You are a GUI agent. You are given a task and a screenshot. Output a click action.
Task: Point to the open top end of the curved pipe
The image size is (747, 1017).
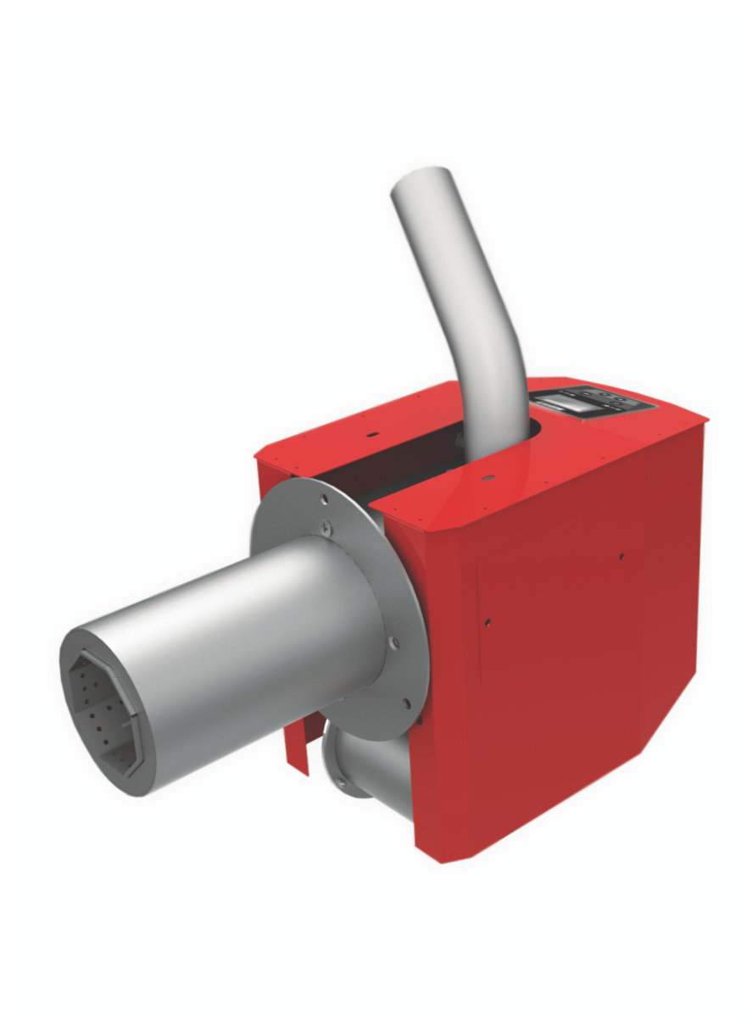pyautogui.click(x=421, y=182)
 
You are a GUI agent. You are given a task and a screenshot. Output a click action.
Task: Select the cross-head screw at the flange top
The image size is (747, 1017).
pyautogui.click(x=327, y=527)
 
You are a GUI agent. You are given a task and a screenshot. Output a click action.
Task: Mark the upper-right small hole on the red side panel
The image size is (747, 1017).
pyautogui.click(x=621, y=556)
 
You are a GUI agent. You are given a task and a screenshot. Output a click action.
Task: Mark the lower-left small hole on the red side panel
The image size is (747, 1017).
pyautogui.click(x=487, y=622)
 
